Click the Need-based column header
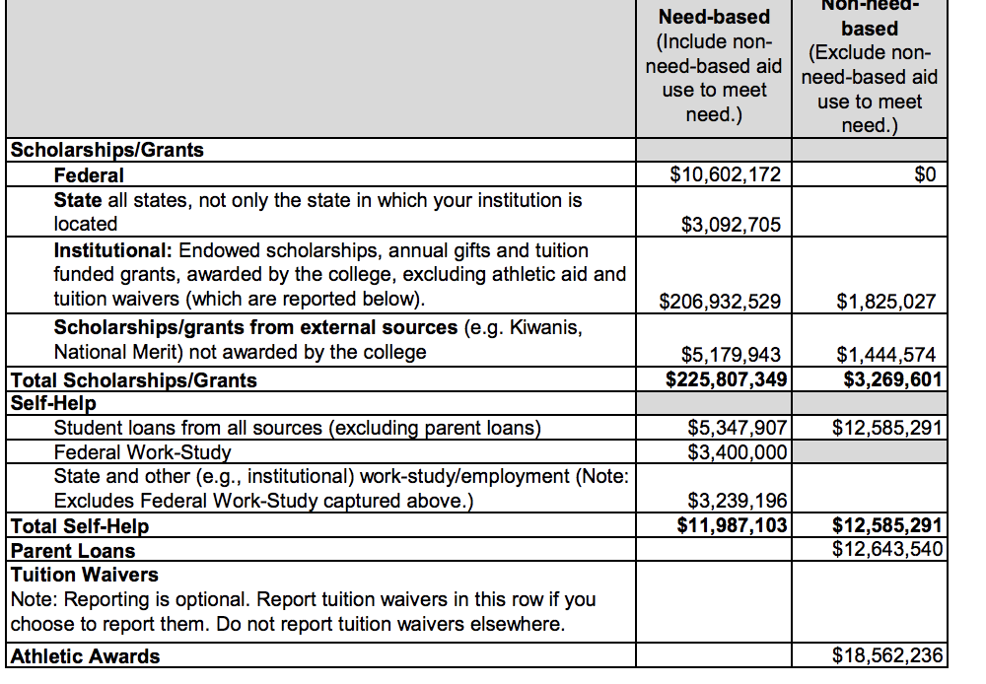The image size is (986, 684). pyautogui.click(x=714, y=18)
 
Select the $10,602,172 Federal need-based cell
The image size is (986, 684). pyautogui.click(x=725, y=175)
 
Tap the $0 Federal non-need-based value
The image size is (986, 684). pyautogui.click(x=924, y=175)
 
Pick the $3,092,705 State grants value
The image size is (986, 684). pyautogui.click(x=731, y=225)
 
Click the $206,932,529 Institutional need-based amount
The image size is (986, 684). pyautogui.click(x=720, y=302)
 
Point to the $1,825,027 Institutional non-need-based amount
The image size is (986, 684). pyautogui.click(x=885, y=302)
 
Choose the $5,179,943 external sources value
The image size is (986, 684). pyautogui.click(x=731, y=355)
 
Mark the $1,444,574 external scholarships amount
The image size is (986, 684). pyautogui.click(x=885, y=355)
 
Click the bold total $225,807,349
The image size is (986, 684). pyautogui.click(x=726, y=379)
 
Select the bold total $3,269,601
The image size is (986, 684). pyautogui.click(x=892, y=379)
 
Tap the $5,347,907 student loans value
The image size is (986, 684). pyautogui.click(x=737, y=428)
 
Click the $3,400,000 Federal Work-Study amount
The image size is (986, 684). pyautogui.click(x=737, y=451)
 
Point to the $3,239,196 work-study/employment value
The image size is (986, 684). pyautogui.click(x=737, y=502)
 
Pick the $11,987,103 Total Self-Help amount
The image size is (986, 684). pyautogui.click(x=732, y=524)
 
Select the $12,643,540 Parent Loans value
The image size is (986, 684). pyautogui.click(x=887, y=548)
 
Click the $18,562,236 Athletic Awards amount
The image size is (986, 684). pyautogui.click(x=887, y=655)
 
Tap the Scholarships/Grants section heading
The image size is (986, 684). pyautogui.click(x=106, y=151)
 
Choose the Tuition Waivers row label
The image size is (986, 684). pyautogui.click(x=84, y=575)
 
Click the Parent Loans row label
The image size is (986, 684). pyautogui.click(x=72, y=551)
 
